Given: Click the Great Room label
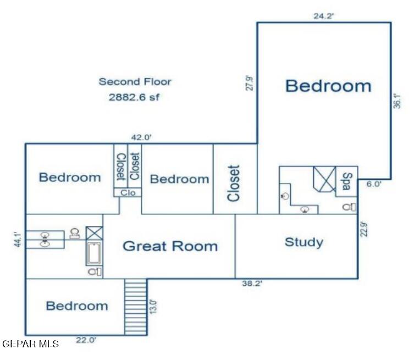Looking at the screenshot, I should [x=170, y=246].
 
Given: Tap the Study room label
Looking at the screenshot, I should [x=303, y=242].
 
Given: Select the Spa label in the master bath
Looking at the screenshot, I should [x=346, y=181].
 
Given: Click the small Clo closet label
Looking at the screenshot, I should [x=128, y=193].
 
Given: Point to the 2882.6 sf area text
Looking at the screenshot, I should [x=135, y=98].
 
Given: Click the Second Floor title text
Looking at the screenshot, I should [x=135, y=82].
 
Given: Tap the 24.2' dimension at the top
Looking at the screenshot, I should [x=324, y=16].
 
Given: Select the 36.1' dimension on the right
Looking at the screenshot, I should [x=397, y=101].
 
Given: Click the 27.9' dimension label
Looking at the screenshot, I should [x=250, y=82].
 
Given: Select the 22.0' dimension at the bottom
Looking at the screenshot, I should [x=86, y=341].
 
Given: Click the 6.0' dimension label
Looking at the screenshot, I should [x=374, y=185].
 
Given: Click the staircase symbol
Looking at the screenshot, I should [x=136, y=306].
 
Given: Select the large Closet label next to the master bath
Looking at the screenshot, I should [x=234, y=183].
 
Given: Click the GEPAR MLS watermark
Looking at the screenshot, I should [x=31, y=344].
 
